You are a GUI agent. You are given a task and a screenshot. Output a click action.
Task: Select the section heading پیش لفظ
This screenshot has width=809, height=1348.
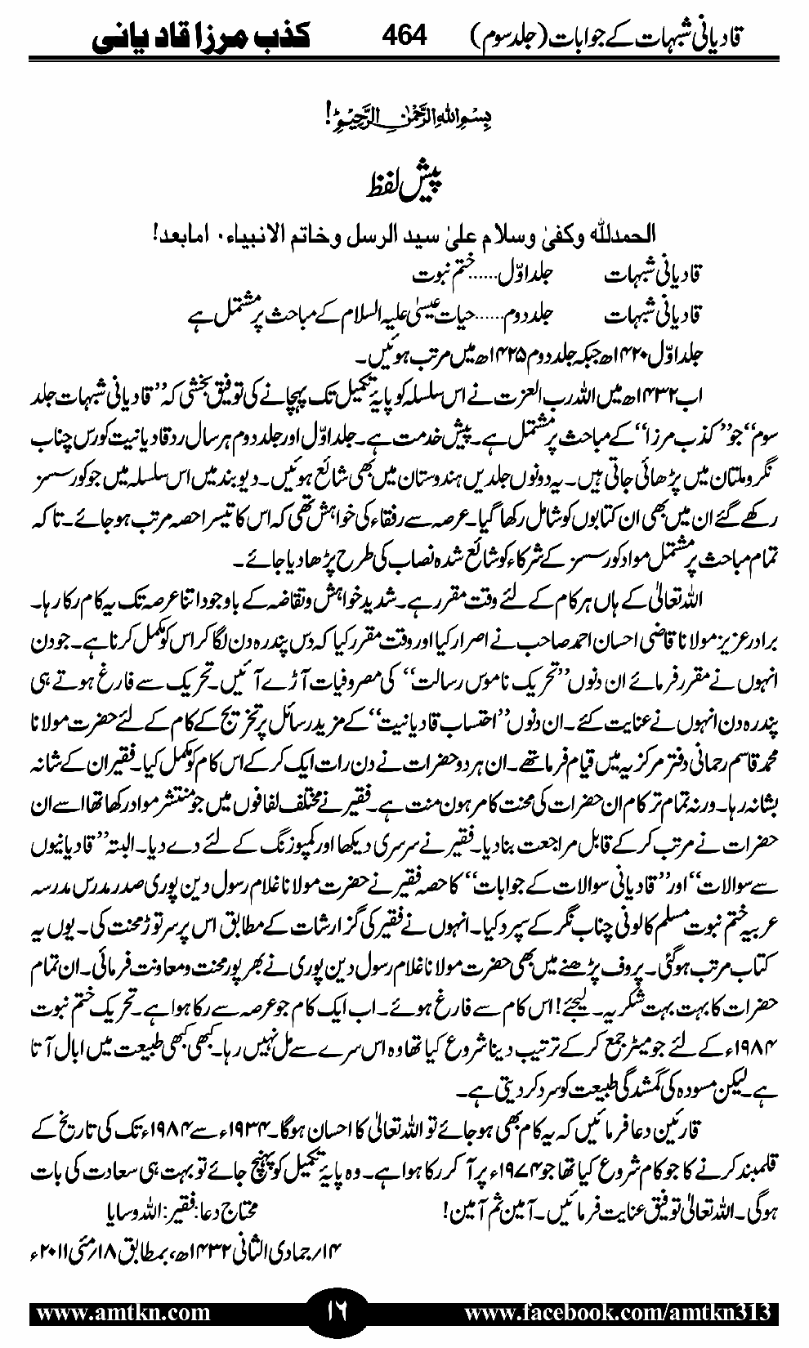[404, 178]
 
